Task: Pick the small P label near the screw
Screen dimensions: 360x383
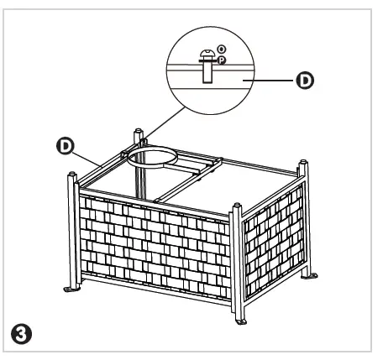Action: [222, 60]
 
